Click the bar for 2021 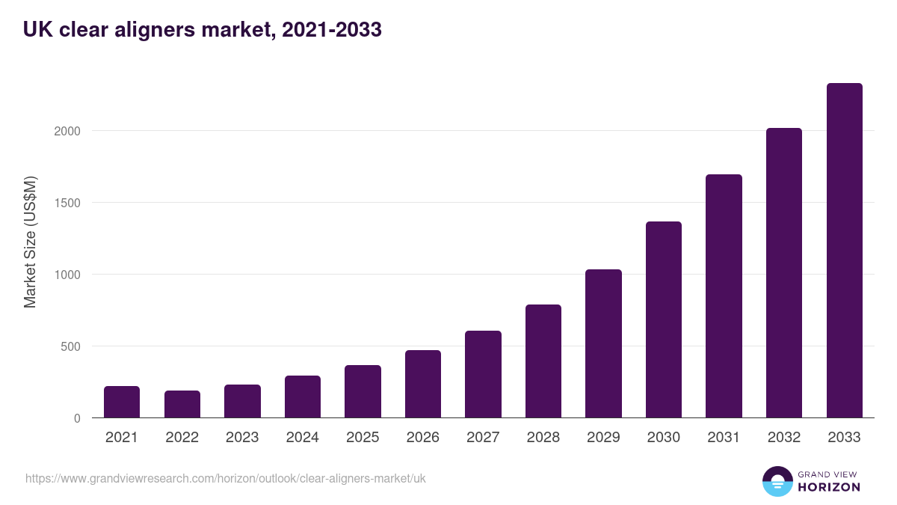coord(122,402)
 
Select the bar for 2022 coord(182,404)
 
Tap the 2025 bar coord(363,391)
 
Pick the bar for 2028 coord(543,361)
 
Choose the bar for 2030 coord(664,319)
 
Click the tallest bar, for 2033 coord(844,251)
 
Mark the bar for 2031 coord(724,296)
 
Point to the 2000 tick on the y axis coord(67,131)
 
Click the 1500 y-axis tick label coord(67,203)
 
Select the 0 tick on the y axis coord(77,418)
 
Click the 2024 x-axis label coord(302,438)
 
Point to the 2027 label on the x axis coord(483,438)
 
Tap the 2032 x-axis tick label coord(784,438)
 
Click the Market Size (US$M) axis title coord(30,242)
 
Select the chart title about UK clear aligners coord(203,29)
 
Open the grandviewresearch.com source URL coord(226,478)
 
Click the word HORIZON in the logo coord(829,486)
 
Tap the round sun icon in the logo coord(777,481)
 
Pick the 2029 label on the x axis coord(603,438)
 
